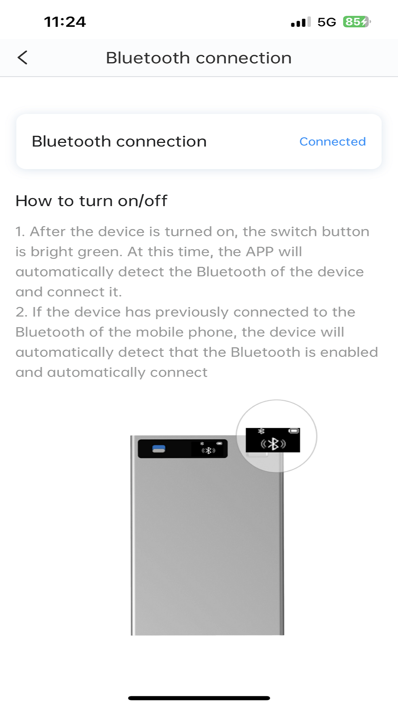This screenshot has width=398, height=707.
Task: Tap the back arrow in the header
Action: coord(22,57)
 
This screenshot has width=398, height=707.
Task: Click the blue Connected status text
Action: coord(332,141)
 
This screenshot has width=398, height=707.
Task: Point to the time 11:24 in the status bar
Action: coord(65,22)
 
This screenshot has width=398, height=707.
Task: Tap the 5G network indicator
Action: coord(327,22)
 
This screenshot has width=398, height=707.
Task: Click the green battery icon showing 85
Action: coord(356,22)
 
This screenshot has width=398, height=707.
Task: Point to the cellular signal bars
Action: coord(301,22)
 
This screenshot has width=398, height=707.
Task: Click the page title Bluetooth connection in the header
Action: coord(199,58)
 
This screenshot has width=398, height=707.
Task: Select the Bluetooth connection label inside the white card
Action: coord(119,141)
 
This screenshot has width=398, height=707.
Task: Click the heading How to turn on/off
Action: coord(91,201)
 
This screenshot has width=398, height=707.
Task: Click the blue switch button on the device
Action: coord(158,449)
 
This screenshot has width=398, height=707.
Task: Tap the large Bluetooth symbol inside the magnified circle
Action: coord(273,444)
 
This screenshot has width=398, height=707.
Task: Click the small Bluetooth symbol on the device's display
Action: coord(208,450)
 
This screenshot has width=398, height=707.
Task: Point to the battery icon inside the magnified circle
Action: coord(294,430)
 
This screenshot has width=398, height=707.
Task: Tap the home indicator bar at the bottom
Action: coord(199,698)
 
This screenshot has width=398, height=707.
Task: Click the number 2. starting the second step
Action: coord(21,312)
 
